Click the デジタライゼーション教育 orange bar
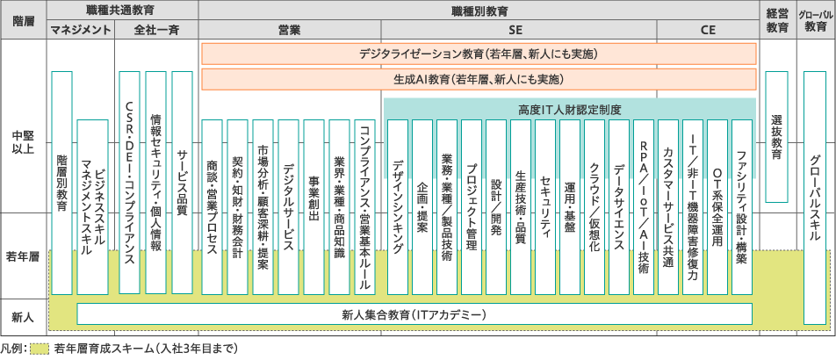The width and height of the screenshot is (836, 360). pyautogui.click(x=479, y=54)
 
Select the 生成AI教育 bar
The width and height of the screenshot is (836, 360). pyautogui.click(x=479, y=79)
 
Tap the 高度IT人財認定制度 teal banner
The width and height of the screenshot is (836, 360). pyautogui.click(x=570, y=109)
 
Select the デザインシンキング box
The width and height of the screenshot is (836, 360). pyautogui.click(x=398, y=206)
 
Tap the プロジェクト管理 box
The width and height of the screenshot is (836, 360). pyautogui.click(x=472, y=206)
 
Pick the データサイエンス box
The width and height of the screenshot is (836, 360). pyautogui.click(x=619, y=206)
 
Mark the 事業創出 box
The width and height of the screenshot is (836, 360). pyautogui.click(x=313, y=206)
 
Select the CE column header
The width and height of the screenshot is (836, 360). pyautogui.click(x=708, y=29)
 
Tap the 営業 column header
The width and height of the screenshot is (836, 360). pyautogui.click(x=289, y=29)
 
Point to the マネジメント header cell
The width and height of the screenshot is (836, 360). pyautogui.click(x=80, y=29)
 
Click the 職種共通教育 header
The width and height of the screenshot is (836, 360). pyautogui.click(x=122, y=10)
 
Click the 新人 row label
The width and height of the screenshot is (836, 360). pyautogui.click(x=24, y=313)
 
